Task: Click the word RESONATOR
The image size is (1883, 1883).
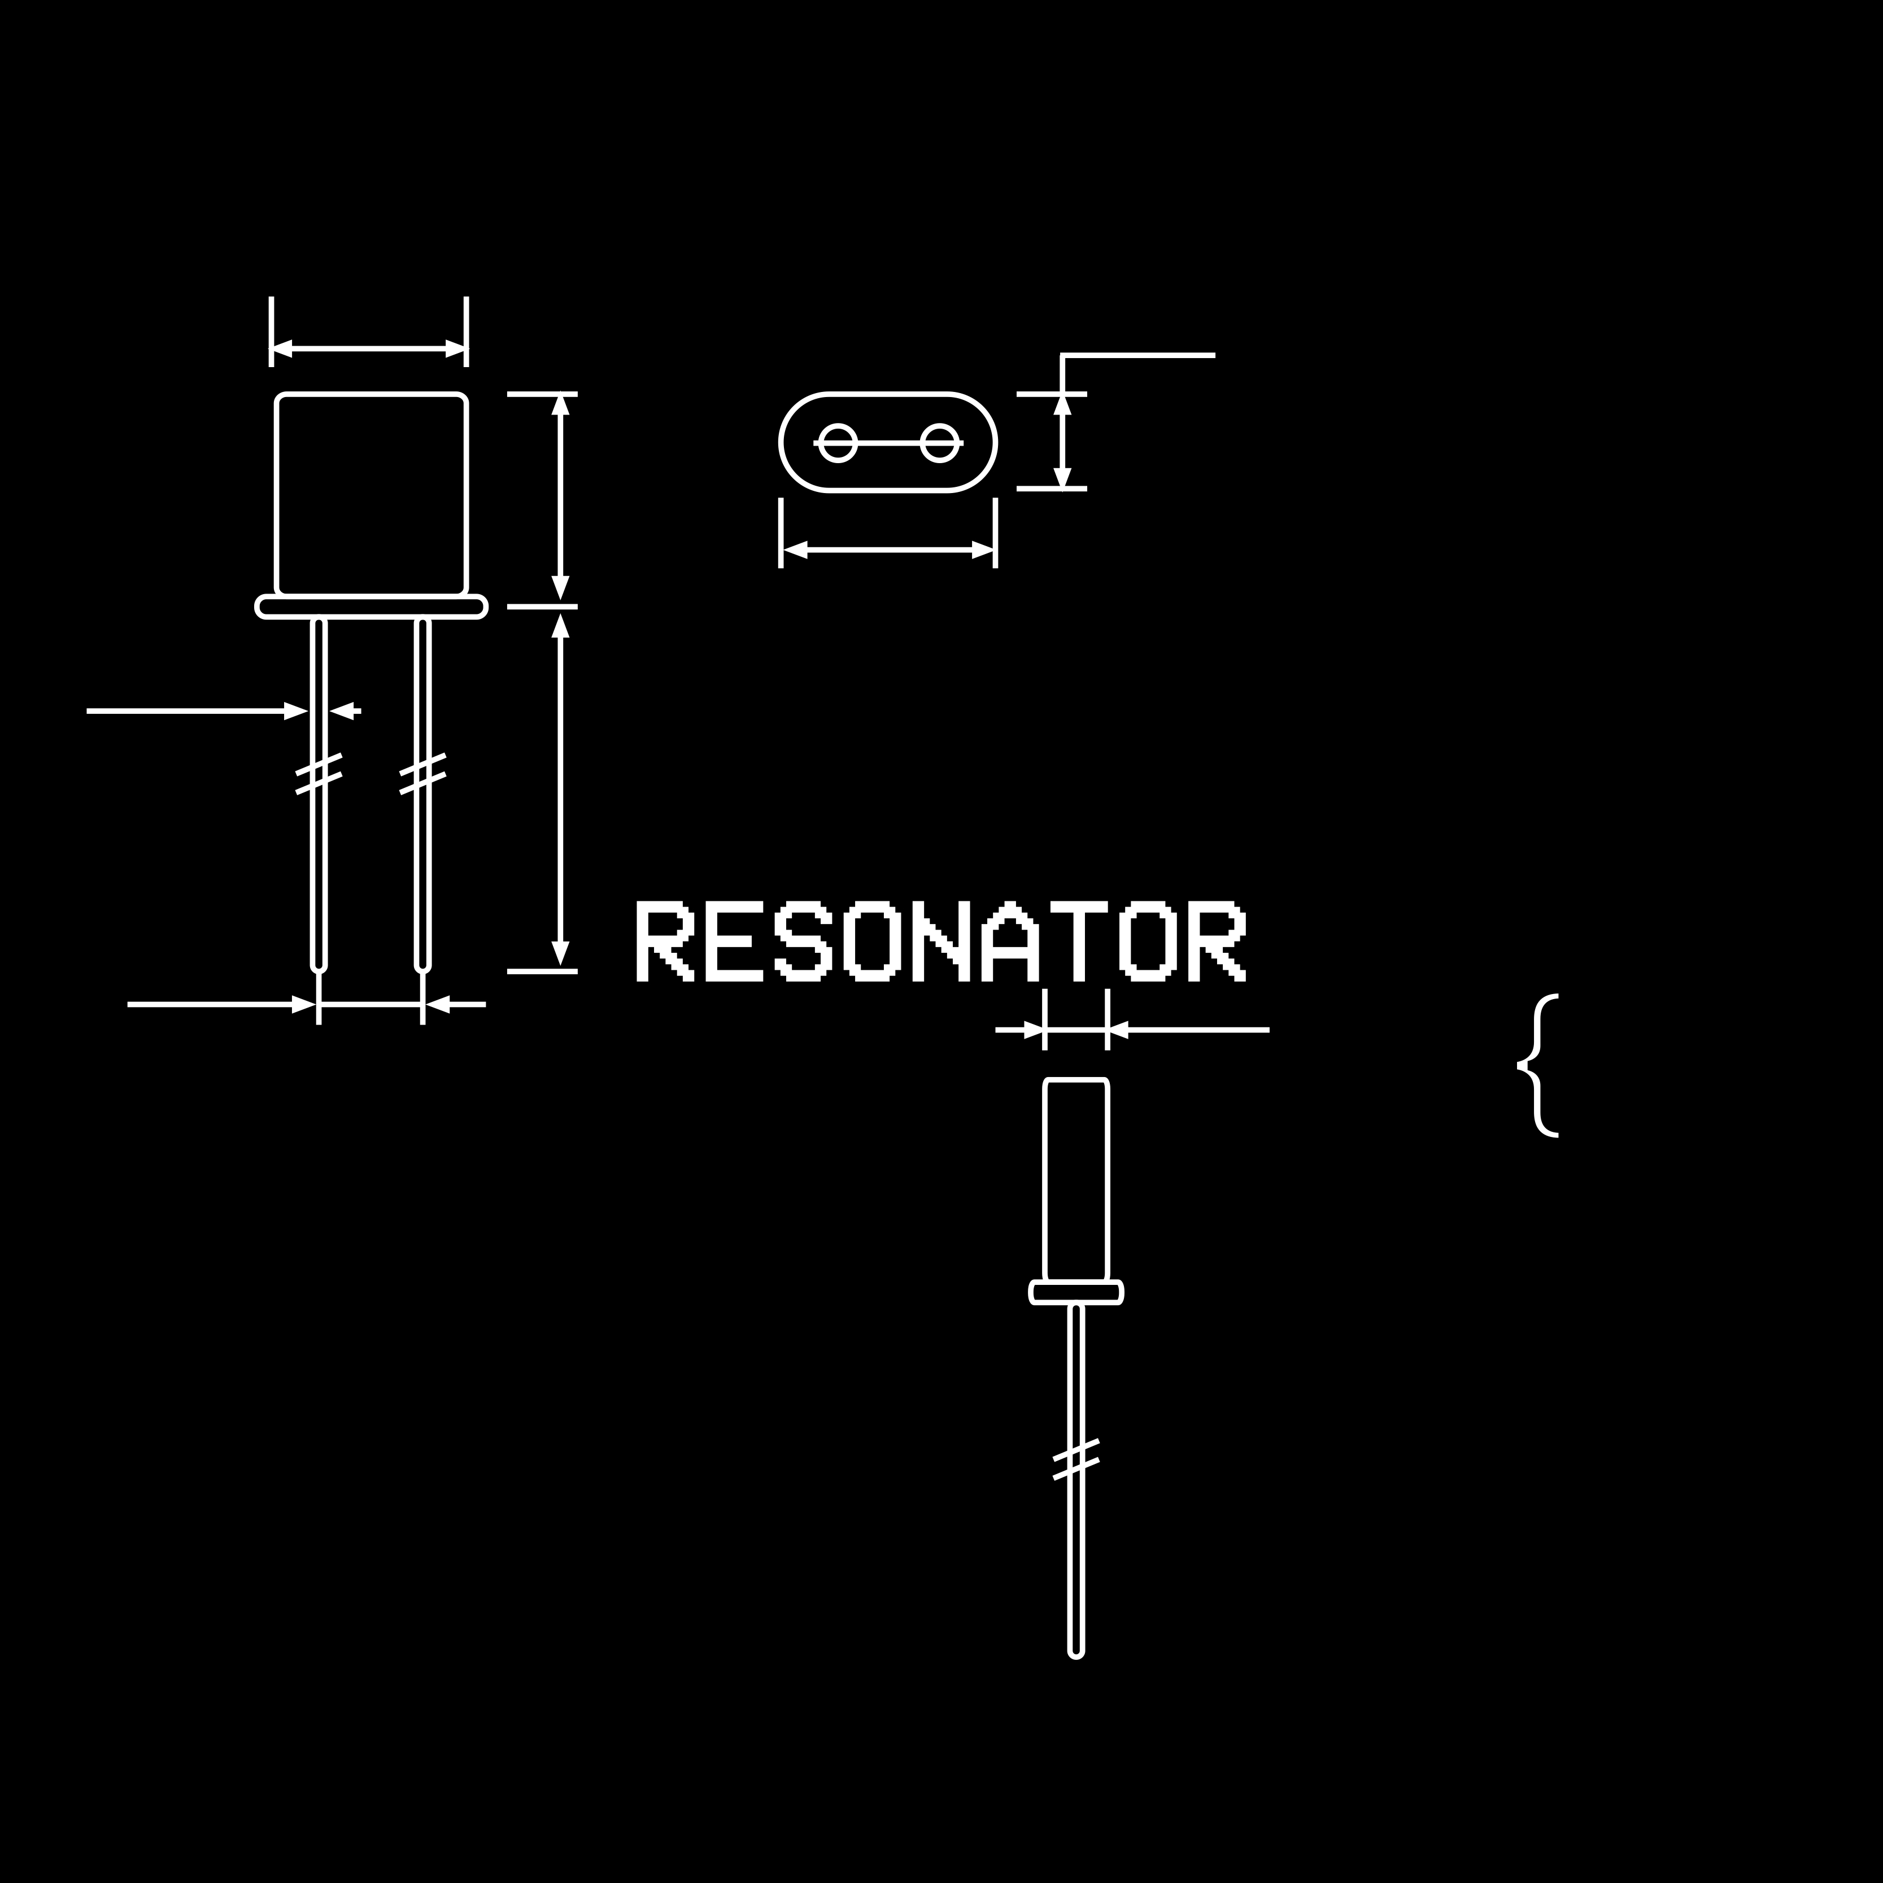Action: click(x=940, y=940)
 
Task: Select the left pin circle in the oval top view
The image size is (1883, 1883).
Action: click(x=837, y=442)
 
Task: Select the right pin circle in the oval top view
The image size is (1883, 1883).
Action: click(x=940, y=442)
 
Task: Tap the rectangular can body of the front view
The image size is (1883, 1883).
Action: click(x=371, y=494)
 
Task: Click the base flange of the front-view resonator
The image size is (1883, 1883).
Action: click(x=371, y=606)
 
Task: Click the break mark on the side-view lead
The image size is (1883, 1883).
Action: click(x=1076, y=1459)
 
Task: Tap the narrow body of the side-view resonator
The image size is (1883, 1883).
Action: click(x=1076, y=1179)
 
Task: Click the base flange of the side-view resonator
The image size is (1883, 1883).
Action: click(x=1076, y=1292)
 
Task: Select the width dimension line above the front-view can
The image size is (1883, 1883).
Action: click(x=368, y=348)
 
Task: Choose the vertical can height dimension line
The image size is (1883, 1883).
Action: click(x=560, y=497)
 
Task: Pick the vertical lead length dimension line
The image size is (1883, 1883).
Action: click(x=560, y=790)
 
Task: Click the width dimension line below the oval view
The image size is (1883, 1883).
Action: click(x=888, y=551)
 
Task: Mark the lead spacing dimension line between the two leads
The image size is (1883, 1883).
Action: click(x=371, y=1004)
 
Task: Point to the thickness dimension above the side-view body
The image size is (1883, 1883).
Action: click(x=1076, y=1029)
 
